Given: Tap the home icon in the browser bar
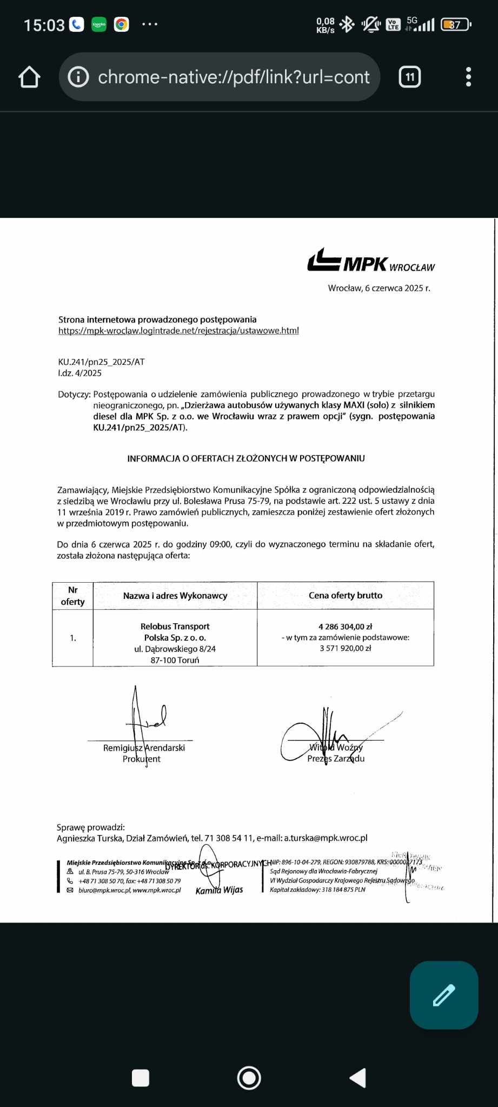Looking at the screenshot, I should (30, 77).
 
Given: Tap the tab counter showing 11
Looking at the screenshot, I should (409, 77).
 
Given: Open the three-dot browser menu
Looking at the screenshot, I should (468, 77).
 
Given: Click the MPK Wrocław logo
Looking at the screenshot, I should (371, 261).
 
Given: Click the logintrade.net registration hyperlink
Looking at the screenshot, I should (178, 331).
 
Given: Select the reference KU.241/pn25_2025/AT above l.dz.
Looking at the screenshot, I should (102, 362).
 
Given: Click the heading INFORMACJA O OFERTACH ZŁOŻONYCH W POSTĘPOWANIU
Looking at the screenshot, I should (246, 458).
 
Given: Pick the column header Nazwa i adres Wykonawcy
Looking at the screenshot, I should (175, 596).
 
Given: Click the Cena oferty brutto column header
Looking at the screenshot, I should (346, 595).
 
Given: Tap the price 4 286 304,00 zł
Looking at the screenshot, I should (346, 626).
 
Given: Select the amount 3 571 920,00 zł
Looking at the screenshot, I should (346, 648).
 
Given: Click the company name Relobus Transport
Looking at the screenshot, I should (175, 626).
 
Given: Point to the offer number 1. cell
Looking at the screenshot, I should (72, 638).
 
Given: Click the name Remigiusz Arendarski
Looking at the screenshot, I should (144, 748).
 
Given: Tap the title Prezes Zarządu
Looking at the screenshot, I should (336, 758).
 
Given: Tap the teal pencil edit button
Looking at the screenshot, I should (444, 995).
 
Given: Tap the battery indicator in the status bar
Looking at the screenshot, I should (456, 25).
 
